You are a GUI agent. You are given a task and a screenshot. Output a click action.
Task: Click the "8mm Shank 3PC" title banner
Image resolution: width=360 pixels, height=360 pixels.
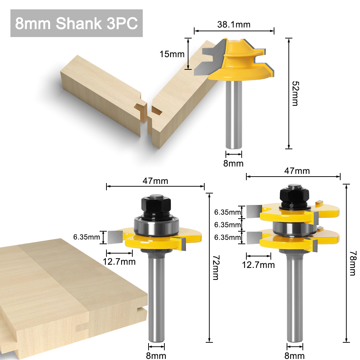[x=76, y=23]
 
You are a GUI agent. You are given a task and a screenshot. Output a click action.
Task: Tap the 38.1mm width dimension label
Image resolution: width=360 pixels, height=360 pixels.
[x=233, y=24]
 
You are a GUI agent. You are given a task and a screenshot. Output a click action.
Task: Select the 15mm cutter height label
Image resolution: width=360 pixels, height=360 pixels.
[x=172, y=54]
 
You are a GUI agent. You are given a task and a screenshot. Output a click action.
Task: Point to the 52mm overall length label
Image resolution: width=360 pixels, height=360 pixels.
[x=295, y=93]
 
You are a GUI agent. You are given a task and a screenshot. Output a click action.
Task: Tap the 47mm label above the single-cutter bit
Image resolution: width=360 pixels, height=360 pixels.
[x=155, y=181]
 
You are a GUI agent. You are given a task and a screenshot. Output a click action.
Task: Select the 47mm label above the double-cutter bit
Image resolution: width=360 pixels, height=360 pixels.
[x=297, y=171]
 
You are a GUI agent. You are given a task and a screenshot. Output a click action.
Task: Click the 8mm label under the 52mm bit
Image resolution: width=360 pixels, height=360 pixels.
[x=233, y=163]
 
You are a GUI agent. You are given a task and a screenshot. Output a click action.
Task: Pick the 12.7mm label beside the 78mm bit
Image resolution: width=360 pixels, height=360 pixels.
[x=258, y=265]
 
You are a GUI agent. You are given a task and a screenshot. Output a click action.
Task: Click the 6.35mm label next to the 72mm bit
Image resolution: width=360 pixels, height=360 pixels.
[x=86, y=237]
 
